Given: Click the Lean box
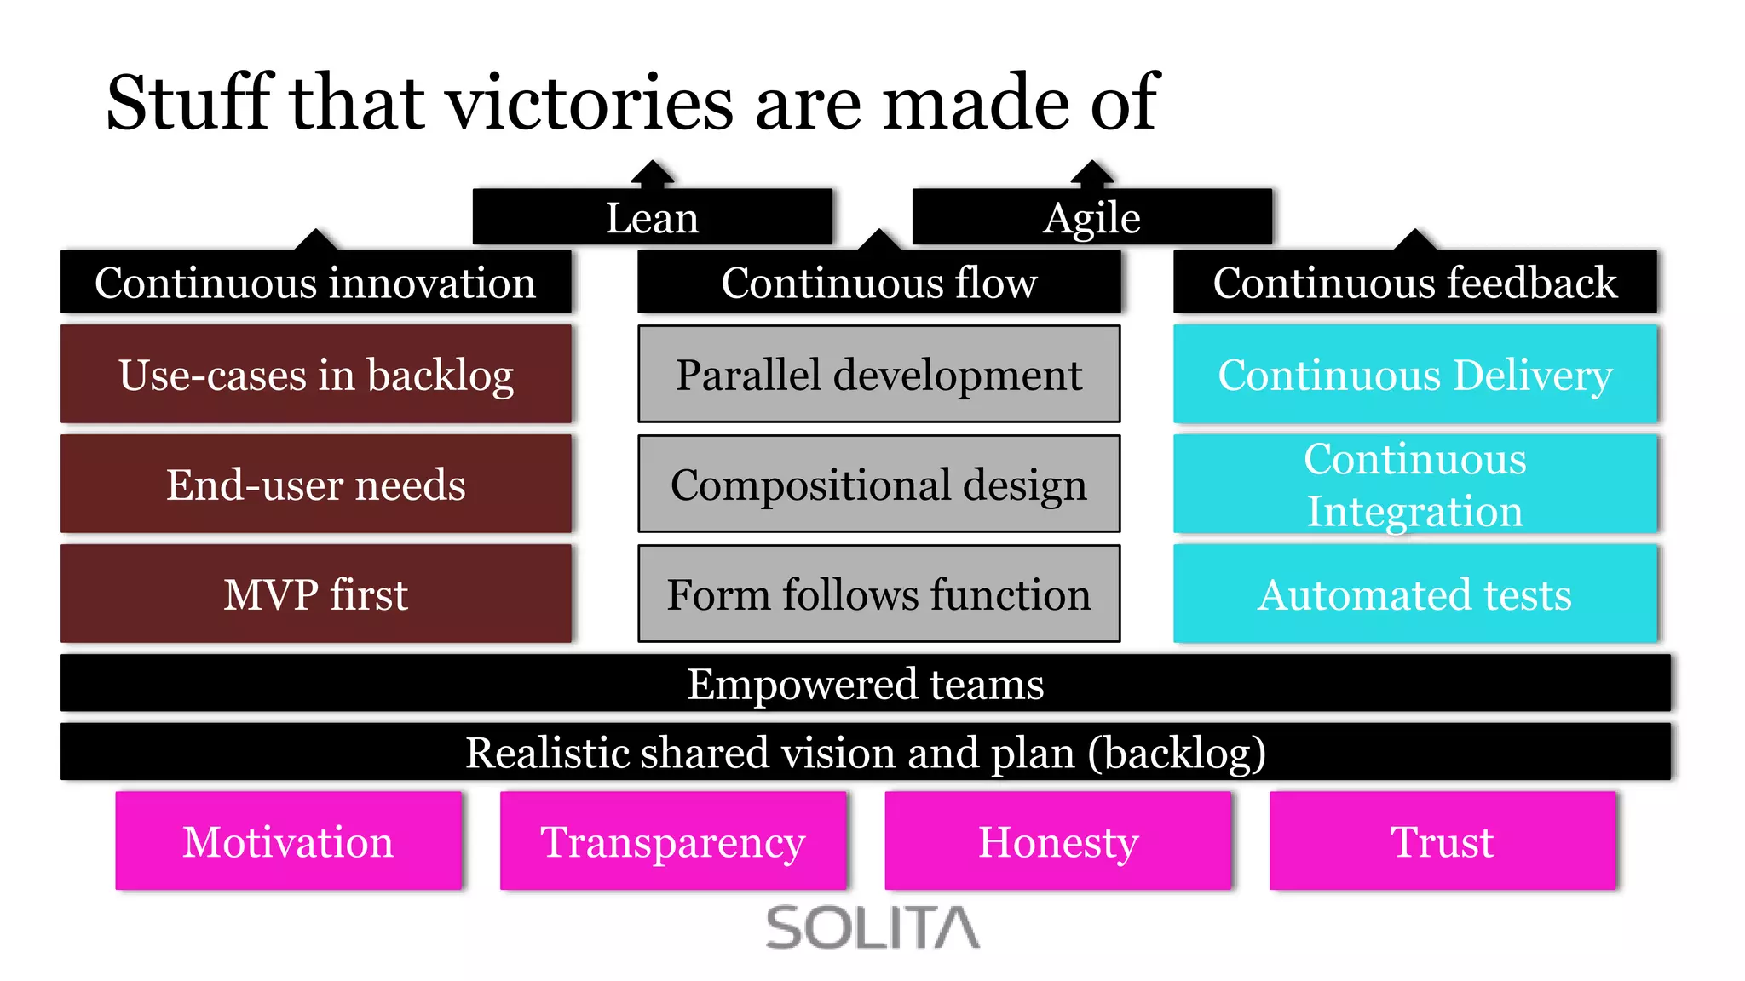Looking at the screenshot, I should click(652, 217).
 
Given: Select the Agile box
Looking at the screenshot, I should click(1091, 217).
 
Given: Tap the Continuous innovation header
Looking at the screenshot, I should click(315, 283).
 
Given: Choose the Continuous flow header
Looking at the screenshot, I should click(878, 283).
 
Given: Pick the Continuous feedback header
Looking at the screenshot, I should click(1414, 283).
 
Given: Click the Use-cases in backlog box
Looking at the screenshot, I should click(315, 374).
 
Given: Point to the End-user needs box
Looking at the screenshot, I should click(315, 484).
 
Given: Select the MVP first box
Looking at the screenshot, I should click(315, 594).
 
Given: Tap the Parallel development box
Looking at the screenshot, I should click(878, 374).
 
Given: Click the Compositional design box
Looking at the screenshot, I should click(878, 484).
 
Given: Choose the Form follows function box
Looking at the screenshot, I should click(878, 594).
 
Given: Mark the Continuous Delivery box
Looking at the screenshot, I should click(1414, 374).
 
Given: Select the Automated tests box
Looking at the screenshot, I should click(1414, 594).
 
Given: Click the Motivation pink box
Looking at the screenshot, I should click(288, 841).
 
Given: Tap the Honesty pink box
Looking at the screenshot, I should click(1057, 841).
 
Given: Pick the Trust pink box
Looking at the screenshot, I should click(1442, 841).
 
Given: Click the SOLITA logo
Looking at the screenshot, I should click(872, 927).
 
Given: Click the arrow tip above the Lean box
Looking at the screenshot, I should click(653, 163).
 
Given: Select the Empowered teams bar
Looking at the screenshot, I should click(865, 683).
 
